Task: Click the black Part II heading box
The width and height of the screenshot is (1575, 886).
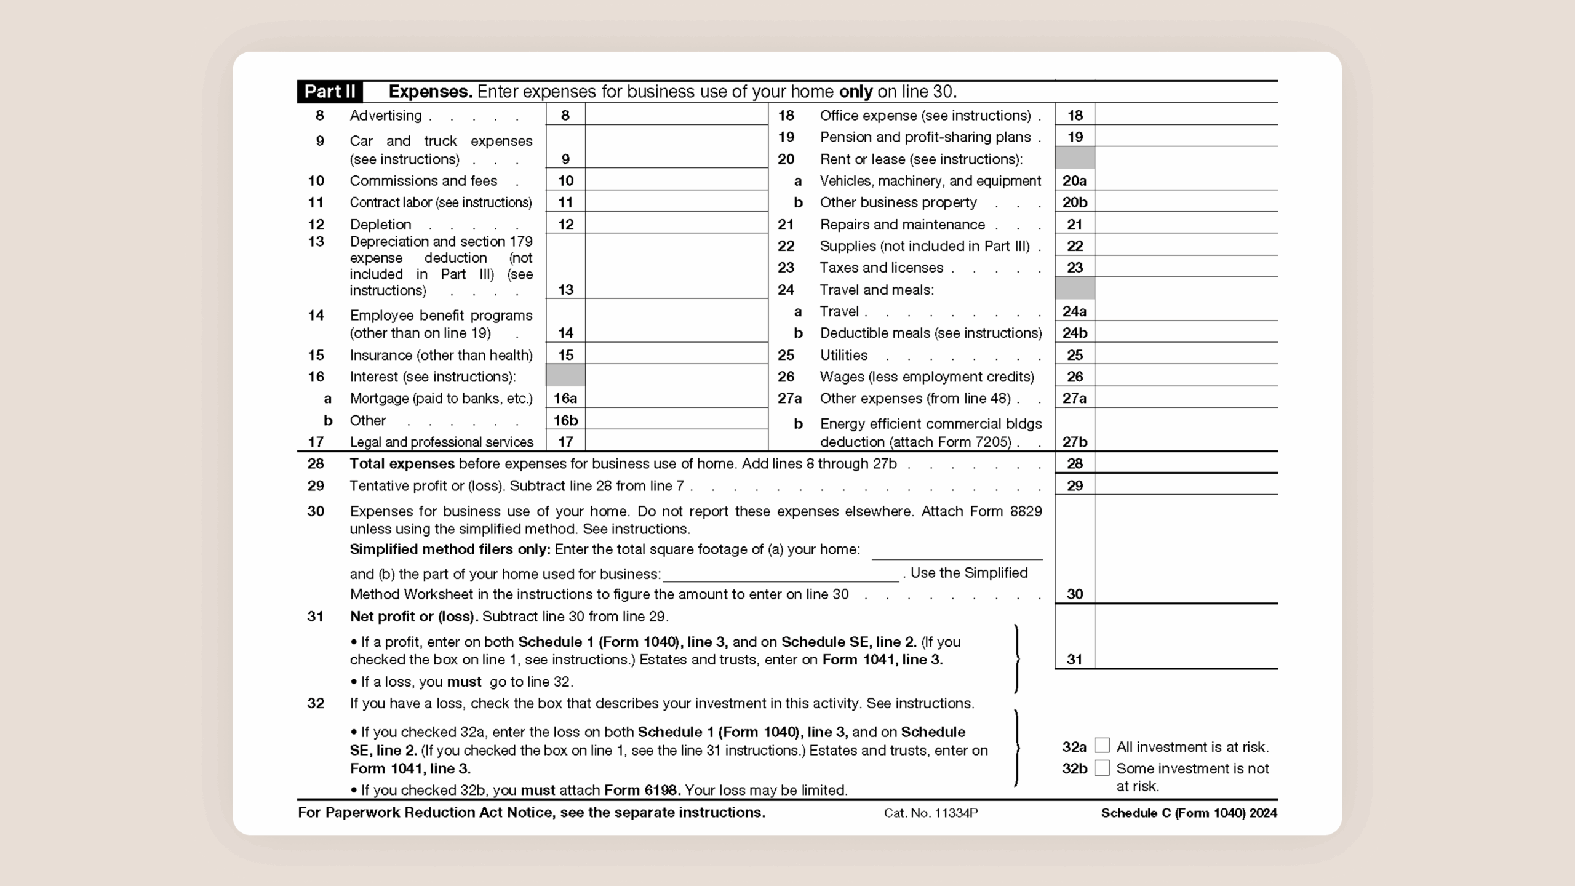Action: coord(330,92)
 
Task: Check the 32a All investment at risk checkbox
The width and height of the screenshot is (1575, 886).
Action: coord(1102,746)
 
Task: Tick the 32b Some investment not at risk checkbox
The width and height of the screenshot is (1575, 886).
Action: coord(1102,768)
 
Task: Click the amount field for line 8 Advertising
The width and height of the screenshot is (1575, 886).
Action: coord(676,115)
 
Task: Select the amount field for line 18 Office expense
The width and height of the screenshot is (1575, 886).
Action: coord(1186,115)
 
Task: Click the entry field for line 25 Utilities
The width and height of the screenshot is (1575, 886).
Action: coord(1186,354)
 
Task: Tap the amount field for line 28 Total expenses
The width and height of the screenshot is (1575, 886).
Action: coord(1186,463)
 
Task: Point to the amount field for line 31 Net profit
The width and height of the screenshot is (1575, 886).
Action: coord(1186,640)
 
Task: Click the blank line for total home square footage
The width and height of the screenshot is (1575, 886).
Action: coord(957,551)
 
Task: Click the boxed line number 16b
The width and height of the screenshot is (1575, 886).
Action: coord(565,420)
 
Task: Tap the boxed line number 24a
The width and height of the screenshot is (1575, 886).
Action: coord(1074,311)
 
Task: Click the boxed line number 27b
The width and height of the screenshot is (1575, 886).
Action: coord(1074,441)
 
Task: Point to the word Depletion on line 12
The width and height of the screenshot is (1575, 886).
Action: coord(380,225)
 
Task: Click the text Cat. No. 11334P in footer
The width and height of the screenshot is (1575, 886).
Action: coord(930,813)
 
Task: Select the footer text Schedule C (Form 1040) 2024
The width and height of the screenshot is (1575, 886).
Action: coord(1189,813)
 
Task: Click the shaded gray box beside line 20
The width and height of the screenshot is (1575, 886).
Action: coord(1074,158)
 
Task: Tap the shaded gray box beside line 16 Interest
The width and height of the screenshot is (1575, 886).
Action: coord(565,375)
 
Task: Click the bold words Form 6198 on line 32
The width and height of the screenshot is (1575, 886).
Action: coord(642,790)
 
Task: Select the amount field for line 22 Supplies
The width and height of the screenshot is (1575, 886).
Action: coord(1186,245)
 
